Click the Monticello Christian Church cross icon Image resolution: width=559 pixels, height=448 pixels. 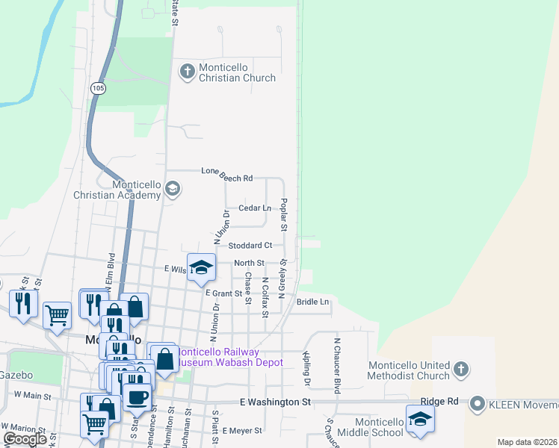point(187,71)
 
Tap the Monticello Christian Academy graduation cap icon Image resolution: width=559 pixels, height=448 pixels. point(173,188)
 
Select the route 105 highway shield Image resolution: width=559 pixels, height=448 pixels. point(99,88)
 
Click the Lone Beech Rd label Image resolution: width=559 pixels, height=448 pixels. point(226,174)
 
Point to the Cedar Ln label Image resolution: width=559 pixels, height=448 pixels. point(254,208)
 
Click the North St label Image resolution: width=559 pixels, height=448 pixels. point(249,263)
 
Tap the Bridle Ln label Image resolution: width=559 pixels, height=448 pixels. point(312,302)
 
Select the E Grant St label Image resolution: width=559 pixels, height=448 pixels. point(224,293)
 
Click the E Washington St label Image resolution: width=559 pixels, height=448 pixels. point(275,402)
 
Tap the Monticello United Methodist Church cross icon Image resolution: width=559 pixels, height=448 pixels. point(461,368)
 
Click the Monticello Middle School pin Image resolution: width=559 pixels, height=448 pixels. point(420,419)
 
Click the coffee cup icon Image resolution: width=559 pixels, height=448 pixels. point(137,396)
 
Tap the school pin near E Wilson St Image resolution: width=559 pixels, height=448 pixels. point(201,268)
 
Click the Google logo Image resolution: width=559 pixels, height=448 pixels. point(25,440)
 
